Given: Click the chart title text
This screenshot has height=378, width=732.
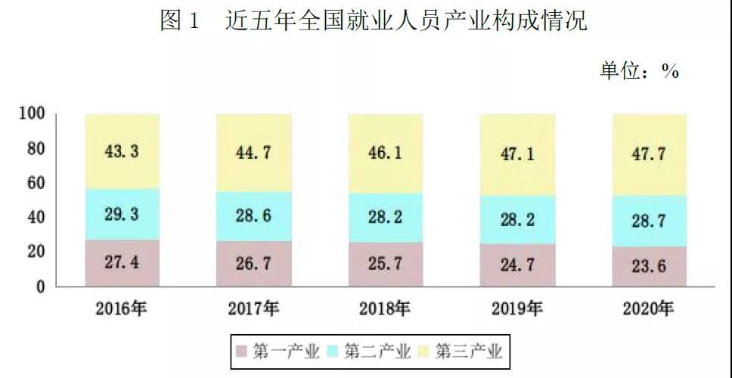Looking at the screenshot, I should coord(374,22).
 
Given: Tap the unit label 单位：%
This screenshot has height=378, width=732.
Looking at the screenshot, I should coord(639,71).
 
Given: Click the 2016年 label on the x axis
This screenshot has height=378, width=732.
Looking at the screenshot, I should coord(122,308).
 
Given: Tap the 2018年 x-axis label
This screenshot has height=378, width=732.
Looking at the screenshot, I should coord(385,308).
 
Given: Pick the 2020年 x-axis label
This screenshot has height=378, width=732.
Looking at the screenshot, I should coord(647,308).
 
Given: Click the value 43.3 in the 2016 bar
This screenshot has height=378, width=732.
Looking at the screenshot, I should coord(122,152).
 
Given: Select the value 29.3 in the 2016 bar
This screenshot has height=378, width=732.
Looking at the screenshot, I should coord(122,215).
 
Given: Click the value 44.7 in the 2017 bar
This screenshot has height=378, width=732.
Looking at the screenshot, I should coord(253,153).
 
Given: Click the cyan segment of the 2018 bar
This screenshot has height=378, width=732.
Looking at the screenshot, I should coord(385,218).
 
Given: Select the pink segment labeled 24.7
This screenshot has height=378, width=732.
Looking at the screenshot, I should coord(516,266).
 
